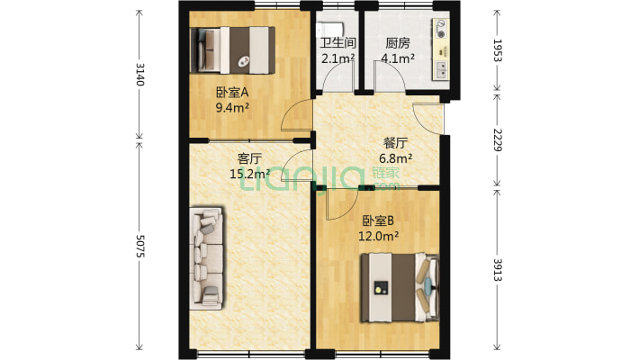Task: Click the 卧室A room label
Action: [231, 92]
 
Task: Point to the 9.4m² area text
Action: [232, 107]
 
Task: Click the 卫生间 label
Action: [337, 43]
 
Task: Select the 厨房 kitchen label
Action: [398, 43]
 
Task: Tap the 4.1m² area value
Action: [398, 59]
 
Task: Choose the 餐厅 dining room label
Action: [396, 143]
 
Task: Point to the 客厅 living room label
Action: [249, 158]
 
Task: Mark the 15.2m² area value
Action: [250, 175]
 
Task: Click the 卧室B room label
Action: [379, 220]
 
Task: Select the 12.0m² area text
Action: [380, 237]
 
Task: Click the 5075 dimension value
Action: [139, 244]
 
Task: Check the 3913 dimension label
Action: [498, 268]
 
